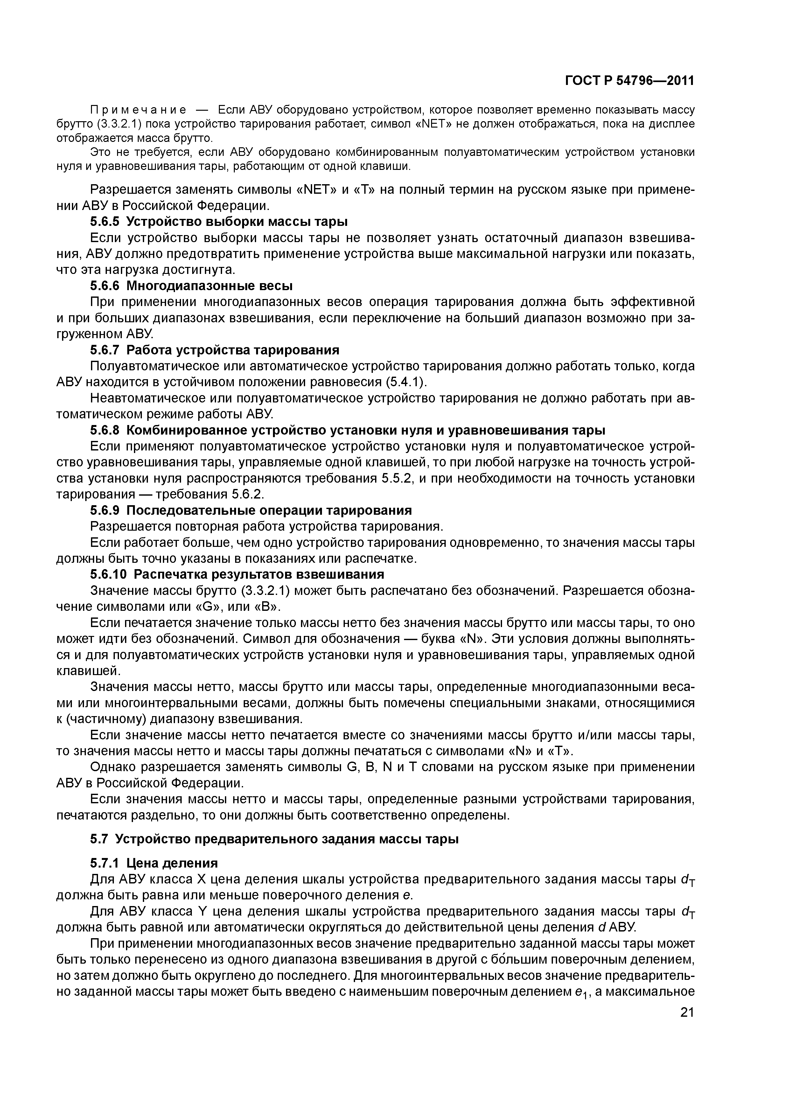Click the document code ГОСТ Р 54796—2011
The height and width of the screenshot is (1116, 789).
click(x=630, y=81)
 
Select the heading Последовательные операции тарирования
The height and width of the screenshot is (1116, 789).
click(x=269, y=510)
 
